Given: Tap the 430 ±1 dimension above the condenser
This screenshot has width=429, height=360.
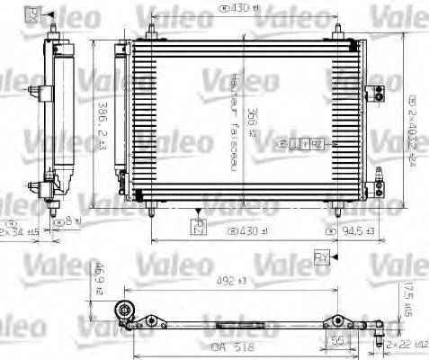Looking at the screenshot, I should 237,10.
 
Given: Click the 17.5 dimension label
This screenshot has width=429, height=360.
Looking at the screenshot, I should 407,299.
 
